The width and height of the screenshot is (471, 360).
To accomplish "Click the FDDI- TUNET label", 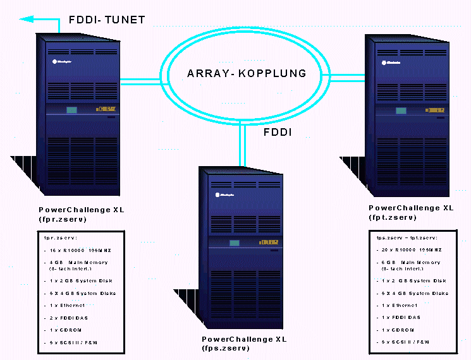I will tap(106, 20).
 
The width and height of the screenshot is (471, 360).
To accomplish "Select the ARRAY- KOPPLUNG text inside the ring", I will tap(247, 73).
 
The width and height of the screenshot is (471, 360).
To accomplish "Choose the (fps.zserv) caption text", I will tap(226, 348).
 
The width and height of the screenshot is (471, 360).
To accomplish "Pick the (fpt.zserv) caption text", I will tap(393, 217).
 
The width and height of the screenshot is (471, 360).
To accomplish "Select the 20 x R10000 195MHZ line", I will tap(411, 250).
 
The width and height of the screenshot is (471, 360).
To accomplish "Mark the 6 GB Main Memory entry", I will tap(410, 262).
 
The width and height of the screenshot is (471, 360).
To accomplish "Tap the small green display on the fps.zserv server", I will tap(235, 243).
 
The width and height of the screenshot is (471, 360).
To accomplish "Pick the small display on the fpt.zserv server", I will tap(400, 111).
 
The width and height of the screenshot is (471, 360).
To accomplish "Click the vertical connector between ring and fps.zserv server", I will tap(242, 145).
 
